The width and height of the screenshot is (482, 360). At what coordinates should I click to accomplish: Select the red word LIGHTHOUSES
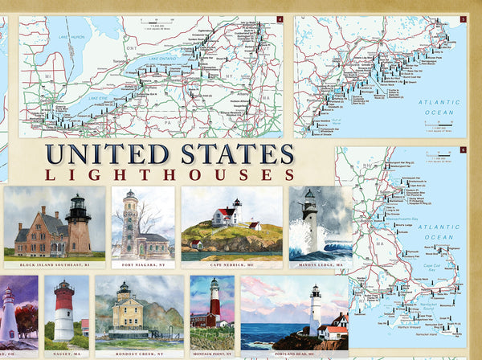[x=170, y=174]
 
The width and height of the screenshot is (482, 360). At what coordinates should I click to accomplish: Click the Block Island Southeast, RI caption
[x=55, y=264]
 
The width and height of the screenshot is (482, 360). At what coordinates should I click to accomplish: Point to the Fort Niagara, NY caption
[x=143, y=264]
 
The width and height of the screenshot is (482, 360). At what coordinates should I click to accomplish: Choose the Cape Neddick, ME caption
[x=231, y=264]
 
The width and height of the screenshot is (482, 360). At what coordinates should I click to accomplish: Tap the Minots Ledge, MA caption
[x=320, y=264]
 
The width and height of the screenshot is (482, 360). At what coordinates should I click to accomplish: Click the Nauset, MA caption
[x=67, y=354]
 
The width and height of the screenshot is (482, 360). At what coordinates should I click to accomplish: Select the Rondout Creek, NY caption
[x=139, y=354]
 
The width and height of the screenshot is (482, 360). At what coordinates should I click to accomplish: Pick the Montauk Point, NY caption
[x=212, y=354]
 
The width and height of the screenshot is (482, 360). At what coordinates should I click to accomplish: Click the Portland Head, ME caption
[x=294, y=354]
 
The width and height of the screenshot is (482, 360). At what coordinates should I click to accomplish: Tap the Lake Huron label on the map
[x=70, y=37]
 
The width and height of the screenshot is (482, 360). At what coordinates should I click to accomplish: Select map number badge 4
[x=280, y=19]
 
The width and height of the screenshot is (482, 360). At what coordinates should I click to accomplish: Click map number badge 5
[x=463, y=19]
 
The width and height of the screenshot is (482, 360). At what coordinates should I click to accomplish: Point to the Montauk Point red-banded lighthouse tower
[x=214, y=301]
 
